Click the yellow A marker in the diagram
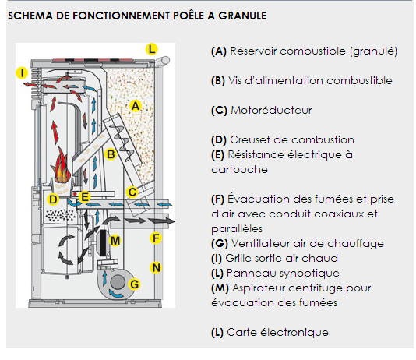tap(136, 106)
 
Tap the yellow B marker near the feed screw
tap(111, 154)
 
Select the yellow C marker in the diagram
tap(132, 192)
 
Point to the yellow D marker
tap(53, 199)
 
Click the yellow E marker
tap(85, 197)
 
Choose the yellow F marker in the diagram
tap(156, 238)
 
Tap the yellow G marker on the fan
tap(135, 284)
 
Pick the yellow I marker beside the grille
tap(22, 72)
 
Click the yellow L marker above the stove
tap(152, 49)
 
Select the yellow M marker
tap(115, 241)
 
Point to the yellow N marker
tap(156, 268)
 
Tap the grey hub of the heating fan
tap(118, 282)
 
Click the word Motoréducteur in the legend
tap(271, 110)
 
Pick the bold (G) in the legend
tap(220, 244)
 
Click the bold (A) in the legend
tap(219, 51)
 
